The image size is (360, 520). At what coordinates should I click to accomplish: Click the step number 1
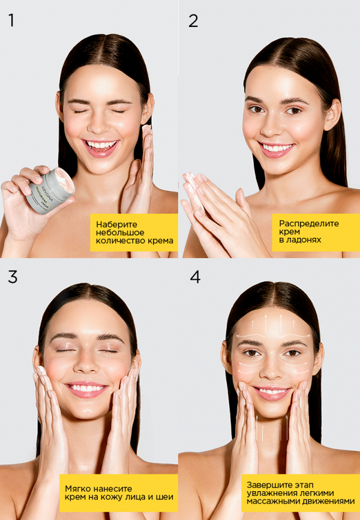pos(11,20)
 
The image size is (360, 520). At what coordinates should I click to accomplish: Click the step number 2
pos(193,20)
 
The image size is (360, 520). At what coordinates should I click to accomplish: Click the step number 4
pos(195,277)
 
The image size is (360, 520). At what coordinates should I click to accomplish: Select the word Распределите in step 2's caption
pos(308,223)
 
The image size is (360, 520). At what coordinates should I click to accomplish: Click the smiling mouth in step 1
pos(101,146)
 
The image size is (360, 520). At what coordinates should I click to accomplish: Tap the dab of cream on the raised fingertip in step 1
pos(146,130)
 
